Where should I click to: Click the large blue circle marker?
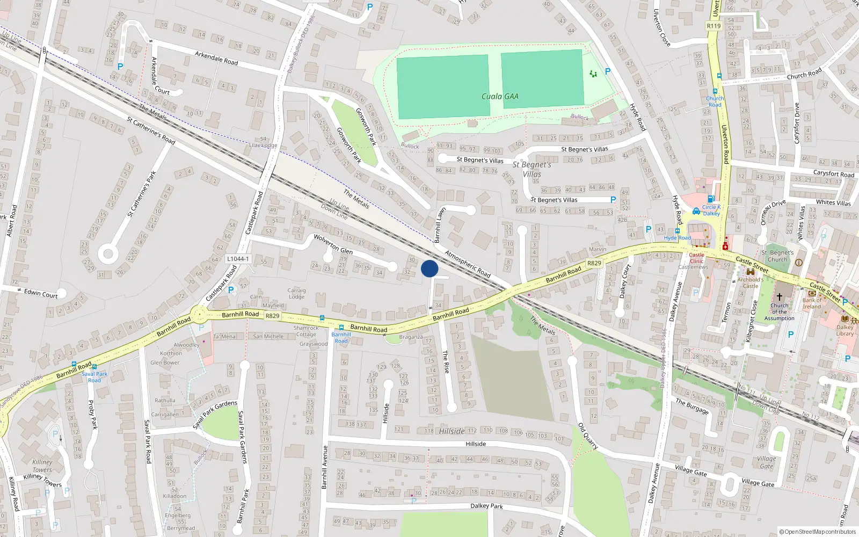click(429, 268)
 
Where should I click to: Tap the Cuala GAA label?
click(500, 97)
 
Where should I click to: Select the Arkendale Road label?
click(216, 58)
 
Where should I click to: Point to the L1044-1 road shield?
click(238, 259)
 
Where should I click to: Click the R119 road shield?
click(714, 26)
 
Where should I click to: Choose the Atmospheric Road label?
click(468, 264)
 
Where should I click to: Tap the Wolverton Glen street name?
click(333, 244)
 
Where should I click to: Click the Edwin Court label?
click(41, 294)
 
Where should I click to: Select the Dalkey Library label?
click(845, 330)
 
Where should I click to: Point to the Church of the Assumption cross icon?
click(780, 297)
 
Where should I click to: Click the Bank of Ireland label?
click(812, 303)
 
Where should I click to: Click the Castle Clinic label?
click(696, 258)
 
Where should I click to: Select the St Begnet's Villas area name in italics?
click(532, 169)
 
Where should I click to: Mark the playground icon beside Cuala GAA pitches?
click(593, 74)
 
